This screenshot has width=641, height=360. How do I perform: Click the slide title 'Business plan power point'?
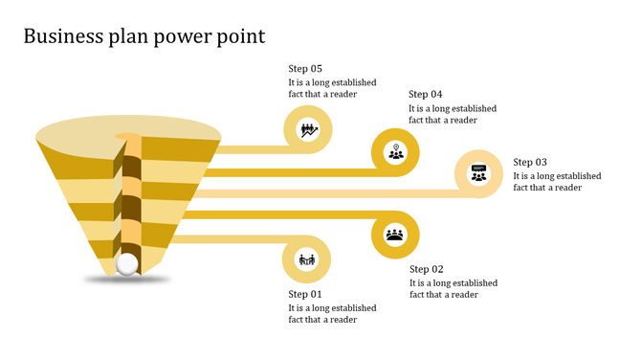(x=144, y=36)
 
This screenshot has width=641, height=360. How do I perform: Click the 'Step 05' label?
(x=306, y=69)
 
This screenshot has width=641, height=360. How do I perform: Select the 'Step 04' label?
(x=426, y=94)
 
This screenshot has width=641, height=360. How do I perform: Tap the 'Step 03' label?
(x=530, y=163)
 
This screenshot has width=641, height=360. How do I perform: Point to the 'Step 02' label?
(x=427, y=269)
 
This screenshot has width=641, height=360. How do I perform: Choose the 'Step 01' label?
(x=306, y=294)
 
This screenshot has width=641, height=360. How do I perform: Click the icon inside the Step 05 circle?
(x=308, y=129)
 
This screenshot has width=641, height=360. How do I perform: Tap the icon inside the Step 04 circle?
(x=396, y=151)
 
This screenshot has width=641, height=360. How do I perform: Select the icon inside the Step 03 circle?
(x=478, y=174)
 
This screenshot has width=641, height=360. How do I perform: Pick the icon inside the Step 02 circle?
(x=395, y=234)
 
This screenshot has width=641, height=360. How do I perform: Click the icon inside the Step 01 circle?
(x=307, y=259)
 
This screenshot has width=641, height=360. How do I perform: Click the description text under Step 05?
(x=332, y=88)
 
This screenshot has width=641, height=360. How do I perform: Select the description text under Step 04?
(x=453, y=114)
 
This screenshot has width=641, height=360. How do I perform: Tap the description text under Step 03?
(x=557, y=182)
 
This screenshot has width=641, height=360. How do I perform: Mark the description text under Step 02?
(x=453, y=288)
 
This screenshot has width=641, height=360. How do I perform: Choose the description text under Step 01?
(x=332, y=314)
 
